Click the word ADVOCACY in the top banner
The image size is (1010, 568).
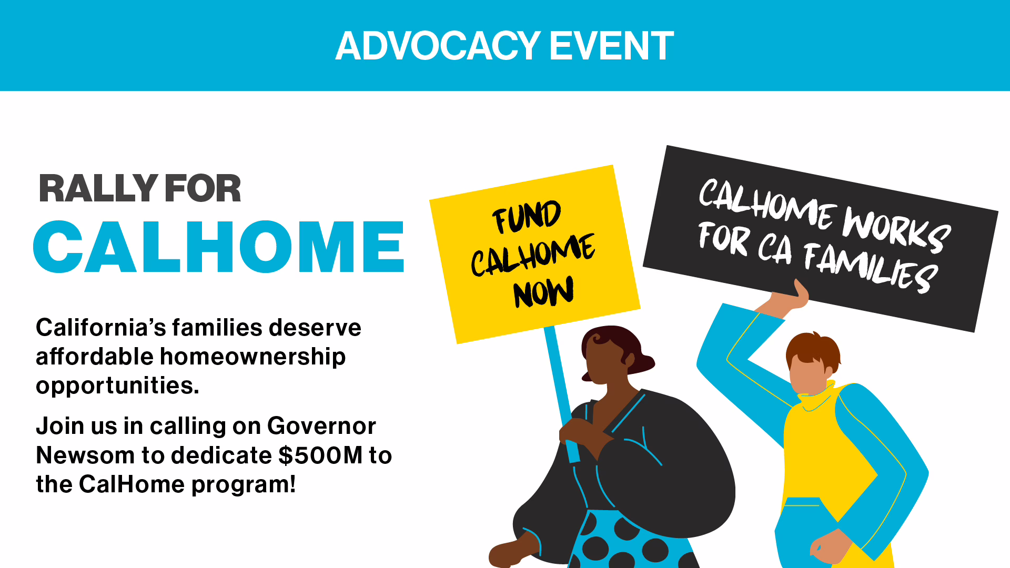tap(438, 46)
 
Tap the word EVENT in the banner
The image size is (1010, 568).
tap(612, 46)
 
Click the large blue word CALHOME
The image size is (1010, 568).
tap(219, 247)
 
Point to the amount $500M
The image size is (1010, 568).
tap(320, 455)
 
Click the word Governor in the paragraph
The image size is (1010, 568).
tap(321, 426)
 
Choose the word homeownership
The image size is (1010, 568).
tap(252, 357)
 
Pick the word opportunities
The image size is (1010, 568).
tap(117, 386)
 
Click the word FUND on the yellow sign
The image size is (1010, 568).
tap(527, 217)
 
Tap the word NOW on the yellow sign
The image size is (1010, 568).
tap(543, 292)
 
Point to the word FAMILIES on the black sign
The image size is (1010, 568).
tap(870, 267)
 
